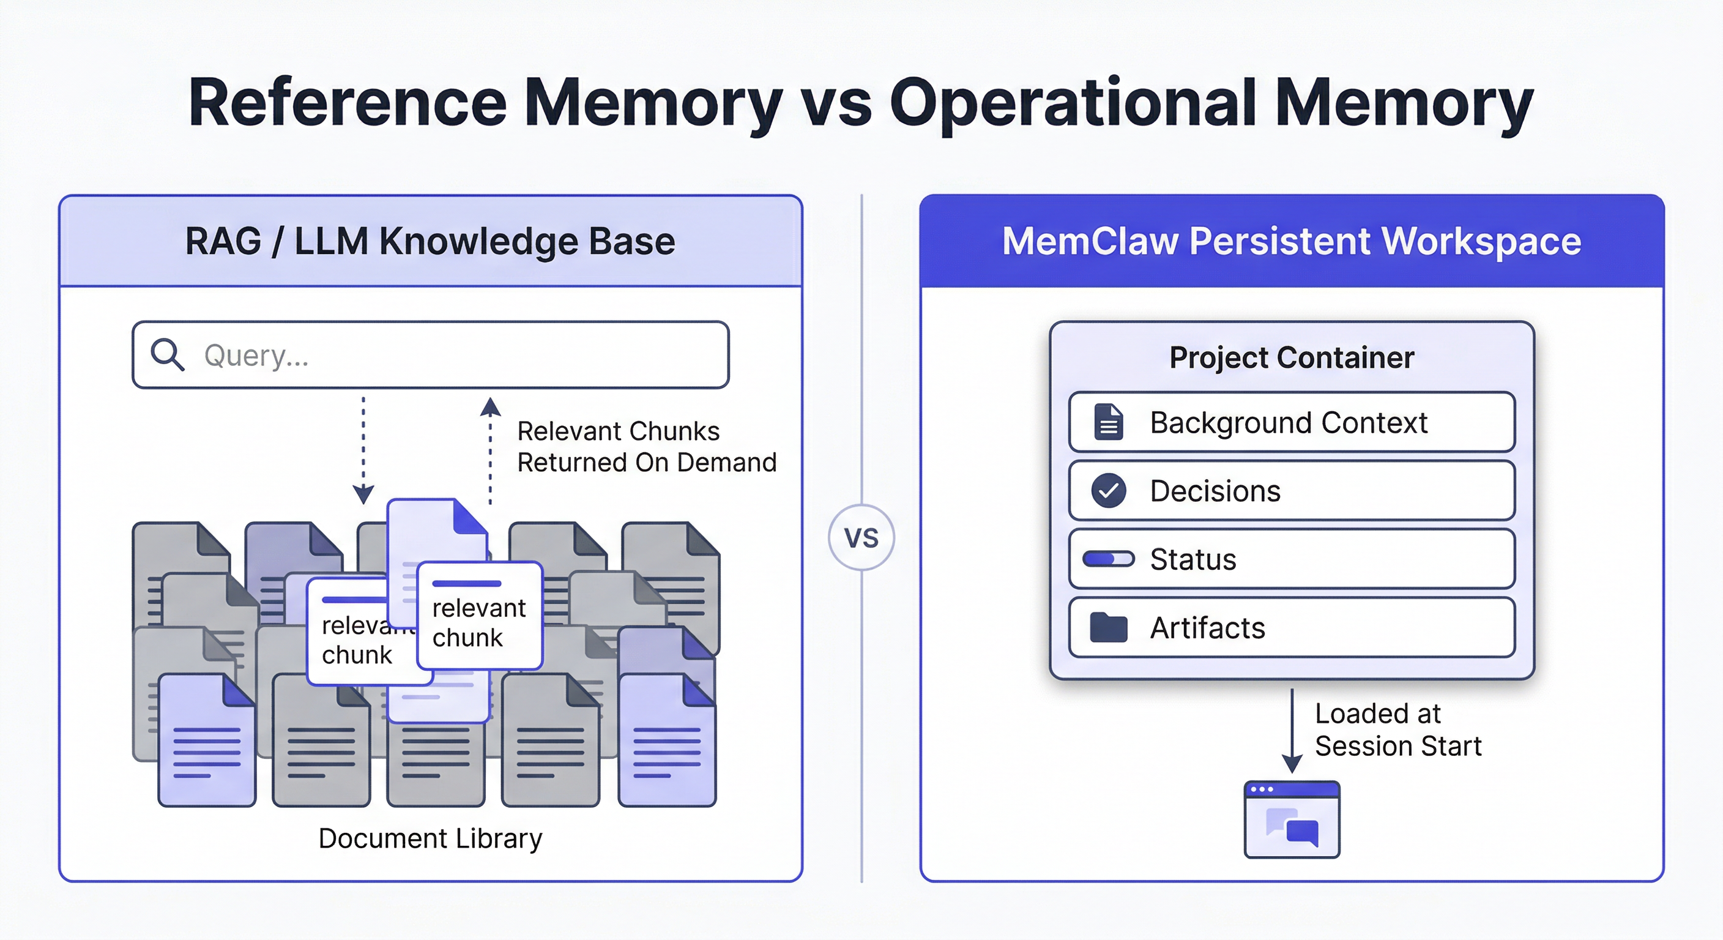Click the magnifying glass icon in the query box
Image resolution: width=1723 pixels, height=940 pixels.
click(166, 354)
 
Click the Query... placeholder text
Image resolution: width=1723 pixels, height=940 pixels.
click(256, 356)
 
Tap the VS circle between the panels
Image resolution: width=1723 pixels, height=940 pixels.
click(861, 537)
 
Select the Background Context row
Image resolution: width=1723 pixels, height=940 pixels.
click(1291, 423)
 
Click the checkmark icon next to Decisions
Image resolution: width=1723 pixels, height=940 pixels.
click(1108, 490)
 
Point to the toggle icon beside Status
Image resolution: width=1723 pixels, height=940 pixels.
click(1108, 559)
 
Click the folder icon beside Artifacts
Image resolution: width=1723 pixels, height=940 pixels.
click(1108, 627)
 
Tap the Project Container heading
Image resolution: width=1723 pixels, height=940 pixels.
click(1291, 357)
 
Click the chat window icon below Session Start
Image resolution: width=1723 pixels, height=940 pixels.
click(1292, 819)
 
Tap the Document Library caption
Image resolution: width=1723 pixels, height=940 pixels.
click(430, 838)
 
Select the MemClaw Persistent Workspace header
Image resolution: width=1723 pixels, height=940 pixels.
click(1291, 242)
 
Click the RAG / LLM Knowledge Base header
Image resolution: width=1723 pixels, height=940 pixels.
click(430, 242)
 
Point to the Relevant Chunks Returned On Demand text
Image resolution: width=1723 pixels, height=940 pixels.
click(646, 447)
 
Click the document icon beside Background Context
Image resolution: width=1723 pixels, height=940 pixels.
click(1108, 422)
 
